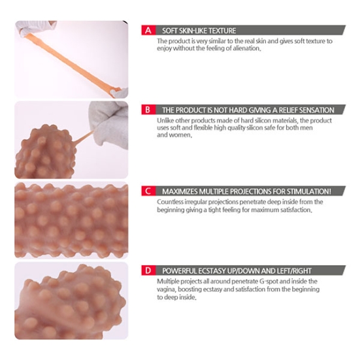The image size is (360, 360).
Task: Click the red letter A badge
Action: pos(148,30)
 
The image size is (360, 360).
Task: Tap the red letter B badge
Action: pos(148,110)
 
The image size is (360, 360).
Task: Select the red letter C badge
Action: pos(148,191)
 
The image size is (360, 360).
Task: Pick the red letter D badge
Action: pos(148,270)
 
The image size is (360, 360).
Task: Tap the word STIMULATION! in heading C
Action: pos(309,191)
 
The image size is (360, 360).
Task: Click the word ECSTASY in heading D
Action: pos(212,271)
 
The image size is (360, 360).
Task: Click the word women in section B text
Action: pos(182,135)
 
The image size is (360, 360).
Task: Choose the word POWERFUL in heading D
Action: pos(179,271)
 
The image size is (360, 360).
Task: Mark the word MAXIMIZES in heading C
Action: pos(180,191)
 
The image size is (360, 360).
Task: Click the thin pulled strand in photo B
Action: pos(83,137)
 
